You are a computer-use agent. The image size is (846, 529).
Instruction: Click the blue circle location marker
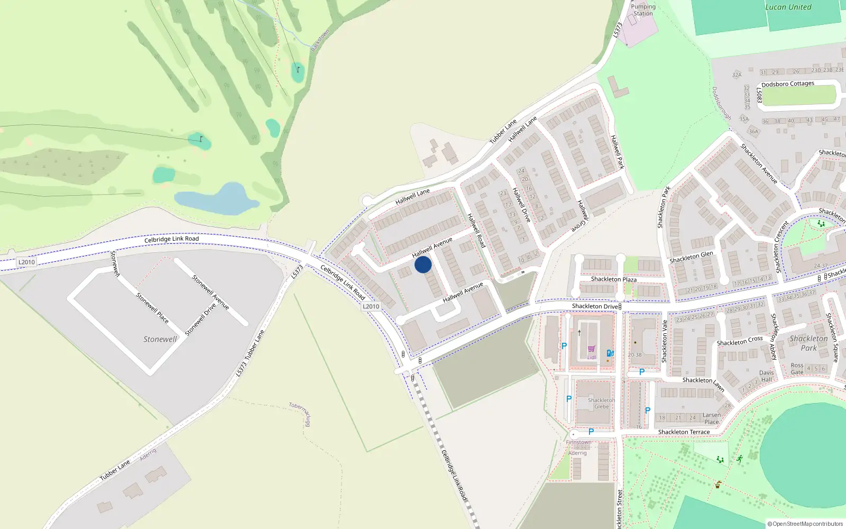(x=423, y=264)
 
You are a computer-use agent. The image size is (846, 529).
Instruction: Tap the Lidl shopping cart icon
(x=591, y=349)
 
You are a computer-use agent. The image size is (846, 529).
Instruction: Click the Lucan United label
(x=788, y=7)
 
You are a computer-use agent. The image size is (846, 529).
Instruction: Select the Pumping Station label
(x=643, y=10)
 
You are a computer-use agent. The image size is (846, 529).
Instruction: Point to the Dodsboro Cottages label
(x=787, y=84)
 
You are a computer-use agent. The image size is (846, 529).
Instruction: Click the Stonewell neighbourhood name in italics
(x=160, y=339)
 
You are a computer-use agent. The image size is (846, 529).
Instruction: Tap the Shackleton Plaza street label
(x=613, y=279)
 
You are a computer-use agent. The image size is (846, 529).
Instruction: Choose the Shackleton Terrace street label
(x=684, y=432)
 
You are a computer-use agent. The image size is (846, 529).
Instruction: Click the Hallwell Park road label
(x=617, y=152)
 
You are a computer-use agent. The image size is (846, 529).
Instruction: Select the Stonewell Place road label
(x=152, y=308)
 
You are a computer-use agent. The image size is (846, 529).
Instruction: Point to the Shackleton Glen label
(x=691, y=257)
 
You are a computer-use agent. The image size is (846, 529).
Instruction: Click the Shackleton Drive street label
(x=595, y=306)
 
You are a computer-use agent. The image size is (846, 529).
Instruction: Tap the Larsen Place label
(x=711, y=418)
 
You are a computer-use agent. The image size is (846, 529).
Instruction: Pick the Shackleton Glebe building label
(x=601, y=403)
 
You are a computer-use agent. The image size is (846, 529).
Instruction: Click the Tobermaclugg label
(x=300, y=413)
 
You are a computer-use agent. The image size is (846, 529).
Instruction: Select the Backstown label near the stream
(x=320, y=40)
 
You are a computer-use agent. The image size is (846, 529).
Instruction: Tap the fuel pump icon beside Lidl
(x=610, y=353)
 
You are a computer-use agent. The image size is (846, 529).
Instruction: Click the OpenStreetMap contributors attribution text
(x=805, y=524)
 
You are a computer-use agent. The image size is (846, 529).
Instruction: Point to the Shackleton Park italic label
(x=808, y=343)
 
